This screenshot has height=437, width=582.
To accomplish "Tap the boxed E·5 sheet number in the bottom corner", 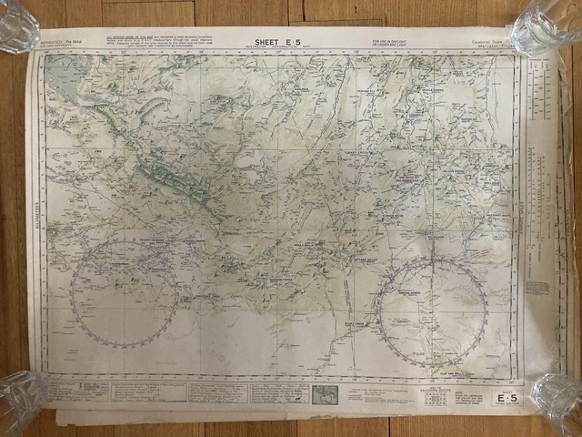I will click(504, 397).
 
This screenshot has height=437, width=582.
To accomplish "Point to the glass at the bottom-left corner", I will click(21, 401).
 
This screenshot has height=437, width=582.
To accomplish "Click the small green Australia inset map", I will click(325, 394).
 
